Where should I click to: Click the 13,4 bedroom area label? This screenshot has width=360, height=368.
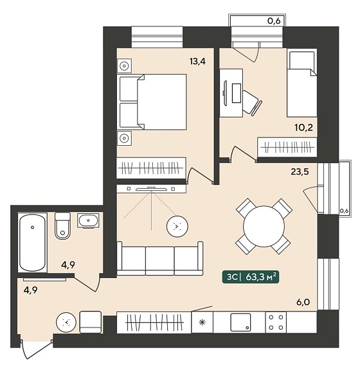(197, 62)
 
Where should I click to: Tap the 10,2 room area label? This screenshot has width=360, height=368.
(304, 128)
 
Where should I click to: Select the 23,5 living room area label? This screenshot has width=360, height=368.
(300, 171)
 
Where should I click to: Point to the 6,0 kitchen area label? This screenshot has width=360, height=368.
(303, 302)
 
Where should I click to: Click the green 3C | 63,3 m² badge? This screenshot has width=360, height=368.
(251, 277)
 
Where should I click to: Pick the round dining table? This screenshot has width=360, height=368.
(264, 226)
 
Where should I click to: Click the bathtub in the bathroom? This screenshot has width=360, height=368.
(32, 242)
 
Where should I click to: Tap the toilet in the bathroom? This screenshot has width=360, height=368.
(62, 226)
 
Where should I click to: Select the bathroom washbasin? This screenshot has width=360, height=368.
(88, 221)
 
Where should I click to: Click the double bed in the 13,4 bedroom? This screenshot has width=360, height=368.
(153, 102)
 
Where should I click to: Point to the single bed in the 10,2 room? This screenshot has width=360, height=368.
(301, 83)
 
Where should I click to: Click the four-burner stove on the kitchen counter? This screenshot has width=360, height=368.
(276, 322)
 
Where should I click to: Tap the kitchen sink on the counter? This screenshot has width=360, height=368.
(240, 322)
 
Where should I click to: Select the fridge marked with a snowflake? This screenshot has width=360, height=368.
(203, 322)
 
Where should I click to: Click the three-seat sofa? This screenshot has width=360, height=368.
(160, 258)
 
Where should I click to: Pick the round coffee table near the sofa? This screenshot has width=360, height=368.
(177, 226)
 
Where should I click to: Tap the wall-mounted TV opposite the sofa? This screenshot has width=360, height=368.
(151, 188)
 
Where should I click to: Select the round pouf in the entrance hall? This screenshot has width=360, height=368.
(66, 322)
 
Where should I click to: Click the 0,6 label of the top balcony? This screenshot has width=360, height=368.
(274, 21)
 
